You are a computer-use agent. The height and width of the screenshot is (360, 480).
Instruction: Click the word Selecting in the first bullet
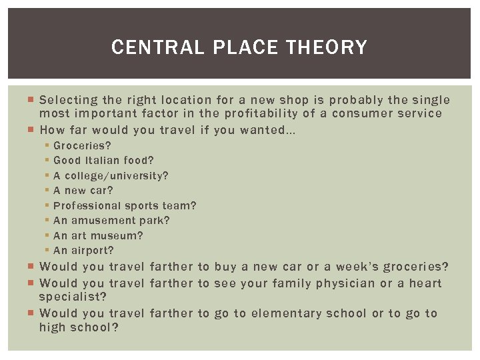coord(68,101)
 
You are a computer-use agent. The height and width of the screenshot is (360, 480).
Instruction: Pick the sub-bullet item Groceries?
coord(82,145)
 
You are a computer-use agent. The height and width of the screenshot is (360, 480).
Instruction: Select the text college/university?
coord(117,176)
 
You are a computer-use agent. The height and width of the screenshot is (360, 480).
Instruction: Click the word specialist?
coord(73,297)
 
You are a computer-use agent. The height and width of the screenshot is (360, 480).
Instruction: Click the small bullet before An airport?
coord(48,251)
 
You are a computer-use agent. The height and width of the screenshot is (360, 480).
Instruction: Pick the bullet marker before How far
coord(32,130)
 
